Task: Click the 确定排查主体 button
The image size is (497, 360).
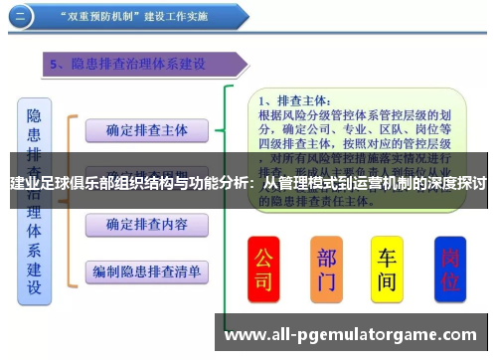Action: click(146, 129)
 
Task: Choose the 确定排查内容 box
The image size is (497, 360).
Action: click(146, 223)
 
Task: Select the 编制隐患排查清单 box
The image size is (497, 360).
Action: click(146, 270)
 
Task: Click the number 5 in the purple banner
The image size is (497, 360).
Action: click(56, 65)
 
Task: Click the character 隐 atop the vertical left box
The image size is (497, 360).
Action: click(34, 116)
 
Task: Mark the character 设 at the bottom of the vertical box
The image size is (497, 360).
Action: click(34, 287)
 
